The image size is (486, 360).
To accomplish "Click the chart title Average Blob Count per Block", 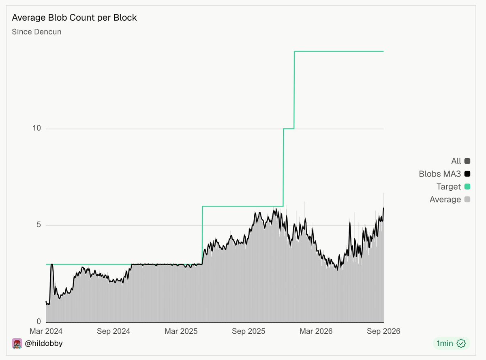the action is click(x=75, y=18).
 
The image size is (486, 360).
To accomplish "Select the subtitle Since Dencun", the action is click(x=36, y=32).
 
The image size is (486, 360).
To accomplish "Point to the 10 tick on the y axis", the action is click(x=36, y=128).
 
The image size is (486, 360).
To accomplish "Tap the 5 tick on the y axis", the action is click(x=39, y=225).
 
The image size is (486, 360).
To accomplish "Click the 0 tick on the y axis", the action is click(x=39, y=321).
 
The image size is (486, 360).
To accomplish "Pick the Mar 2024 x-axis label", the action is click(x=46, y=331).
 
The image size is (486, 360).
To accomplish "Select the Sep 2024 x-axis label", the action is click(x=113, y=331).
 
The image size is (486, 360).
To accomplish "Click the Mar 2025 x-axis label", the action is click(x=181, y=331).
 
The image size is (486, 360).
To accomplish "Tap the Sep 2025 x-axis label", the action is click(x=248, y=331).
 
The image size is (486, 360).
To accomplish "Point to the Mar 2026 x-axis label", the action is click(x=316, y=331).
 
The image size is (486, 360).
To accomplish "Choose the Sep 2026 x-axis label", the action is click(x=383, y=331).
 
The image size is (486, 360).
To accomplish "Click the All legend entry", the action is click(x=460, y=161).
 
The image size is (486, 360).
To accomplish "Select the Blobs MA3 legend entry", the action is click(x=445, y=174).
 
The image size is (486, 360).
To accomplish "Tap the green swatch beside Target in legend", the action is click(x=467, y=187).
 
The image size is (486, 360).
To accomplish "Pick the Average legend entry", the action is click(x=450, y=200).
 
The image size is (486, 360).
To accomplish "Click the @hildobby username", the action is click(x=44, y=343).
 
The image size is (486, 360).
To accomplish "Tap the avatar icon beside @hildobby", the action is click(x=17, y=343).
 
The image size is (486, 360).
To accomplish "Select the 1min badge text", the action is click(x=445, y=343).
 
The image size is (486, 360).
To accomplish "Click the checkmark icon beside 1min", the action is click(x=461, y=343).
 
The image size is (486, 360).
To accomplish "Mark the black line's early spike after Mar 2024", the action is click(x=52, y=265).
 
